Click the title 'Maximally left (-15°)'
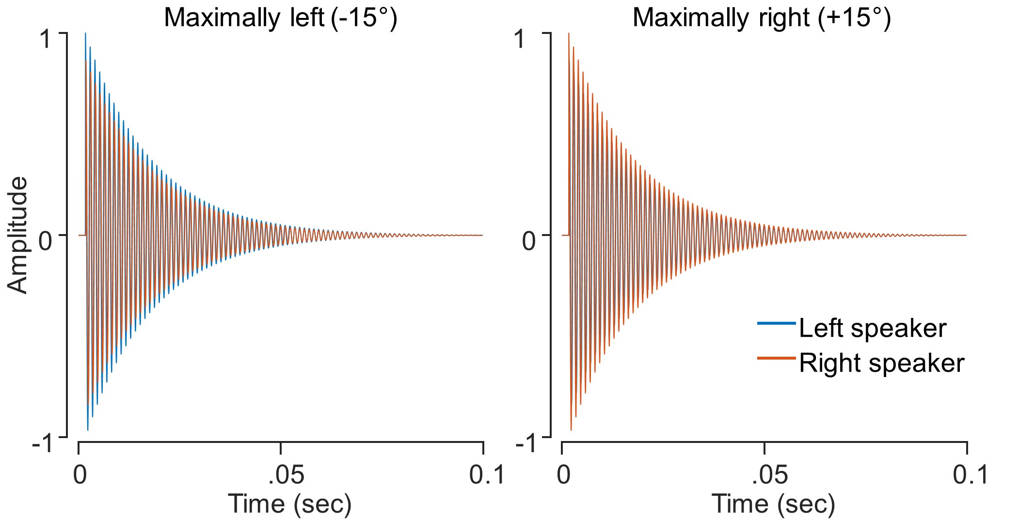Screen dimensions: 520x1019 tap(280, 18)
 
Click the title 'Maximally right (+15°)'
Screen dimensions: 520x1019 tap(762, 18)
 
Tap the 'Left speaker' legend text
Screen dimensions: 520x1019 tap(872, 329)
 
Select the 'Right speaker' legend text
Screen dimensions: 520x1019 tap(881, 363)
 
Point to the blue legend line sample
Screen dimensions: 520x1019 tap(776, 323)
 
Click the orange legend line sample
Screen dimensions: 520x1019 tap(776, 358)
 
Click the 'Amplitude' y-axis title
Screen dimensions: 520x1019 tap(18, 235)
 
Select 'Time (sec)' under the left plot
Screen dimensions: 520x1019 tap(289, 504)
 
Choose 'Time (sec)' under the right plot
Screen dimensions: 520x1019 tap(773, 504)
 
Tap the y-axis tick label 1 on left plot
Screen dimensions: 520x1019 tap(47, 39)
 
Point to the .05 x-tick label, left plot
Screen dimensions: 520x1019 tap(287, 475)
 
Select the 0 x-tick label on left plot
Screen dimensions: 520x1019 tap(80, 475)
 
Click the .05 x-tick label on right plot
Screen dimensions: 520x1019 tap(770, 475)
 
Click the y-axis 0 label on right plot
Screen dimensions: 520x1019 tap(529, 240)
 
